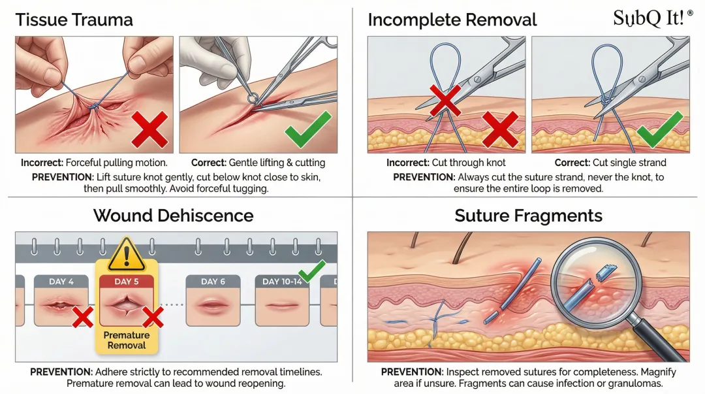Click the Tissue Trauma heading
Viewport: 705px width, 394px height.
click(74, 20)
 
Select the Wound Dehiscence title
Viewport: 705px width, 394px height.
click(173, 215)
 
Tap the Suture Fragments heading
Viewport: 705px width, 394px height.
click(528, 215)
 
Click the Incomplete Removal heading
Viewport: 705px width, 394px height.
click(452, 20)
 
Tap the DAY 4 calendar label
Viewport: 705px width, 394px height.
click(61, 282)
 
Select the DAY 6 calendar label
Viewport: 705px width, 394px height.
click(213, 282)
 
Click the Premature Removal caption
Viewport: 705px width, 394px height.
click(127, 340)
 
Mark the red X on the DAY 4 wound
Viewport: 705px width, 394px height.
click(82, 318)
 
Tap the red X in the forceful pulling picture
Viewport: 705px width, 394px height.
click(150, 129)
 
